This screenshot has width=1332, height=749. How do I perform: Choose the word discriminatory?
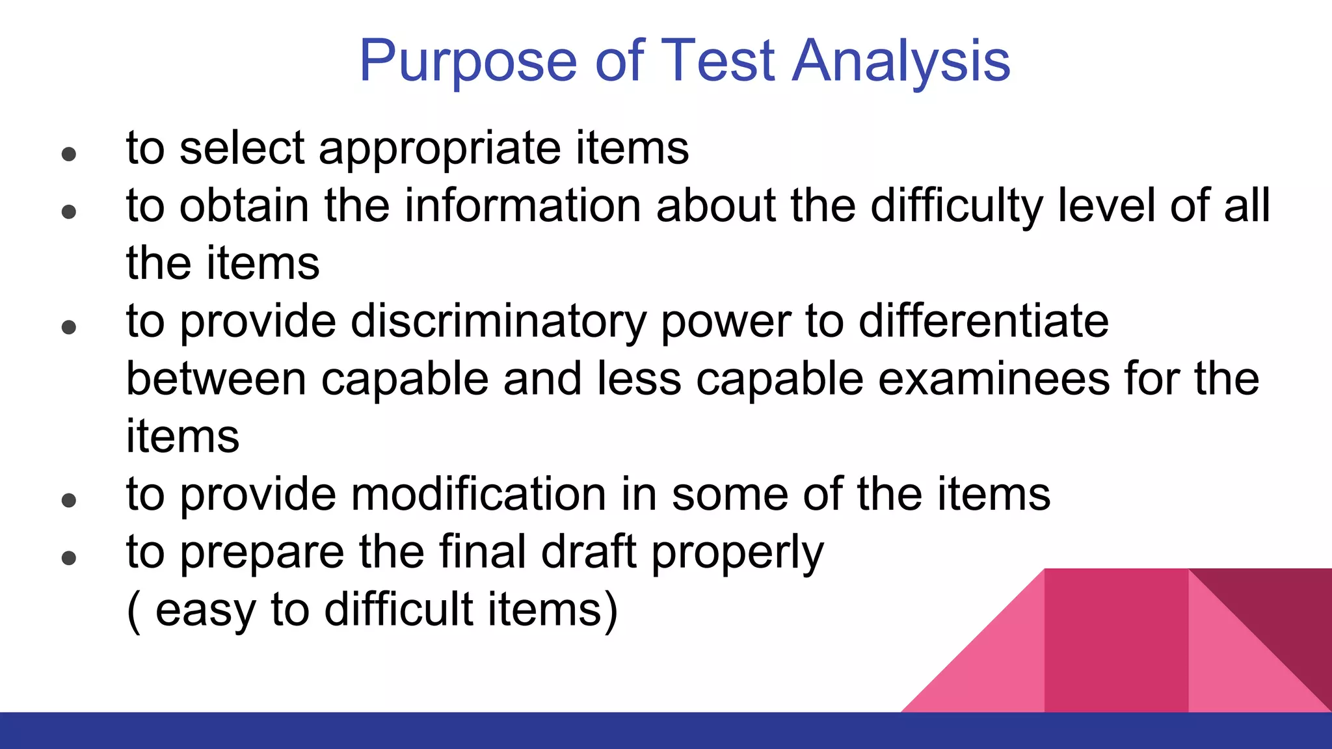[x=498, y=322]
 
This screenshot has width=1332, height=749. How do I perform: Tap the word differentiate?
[x=983, y=321]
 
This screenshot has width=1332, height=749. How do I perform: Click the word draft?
[x=588, y=552]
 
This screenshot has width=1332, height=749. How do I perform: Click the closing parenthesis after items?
[x=610, y=611]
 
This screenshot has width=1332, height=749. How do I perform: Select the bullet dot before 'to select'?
[x=69, y=155]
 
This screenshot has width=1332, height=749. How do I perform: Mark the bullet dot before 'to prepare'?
[x=69, y=558]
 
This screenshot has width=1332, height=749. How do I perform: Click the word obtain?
[x=244, y=206]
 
